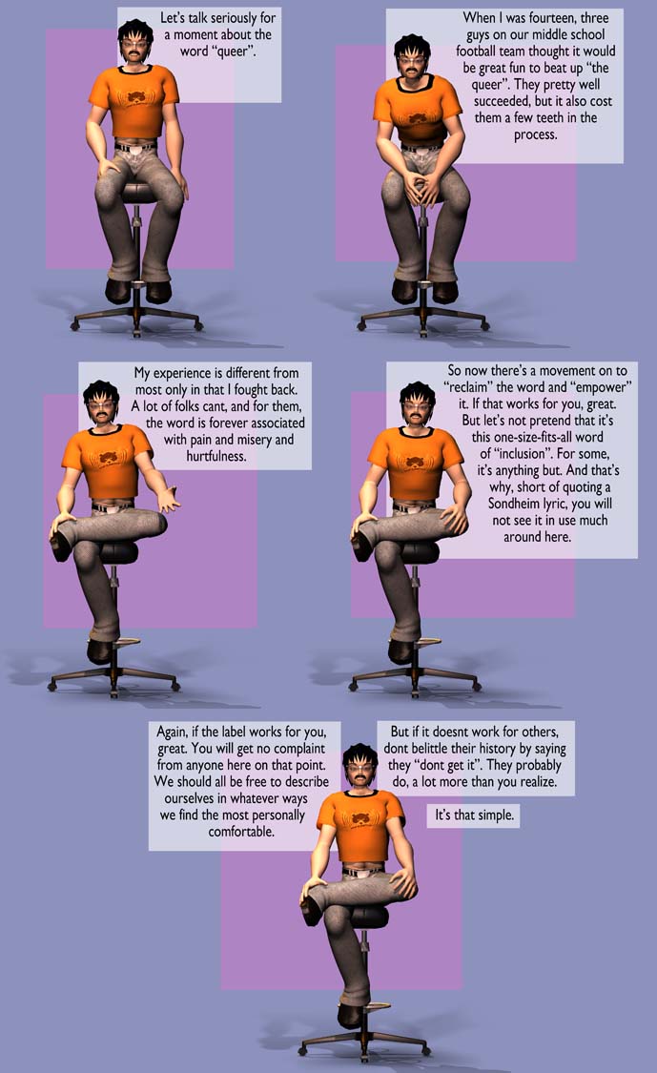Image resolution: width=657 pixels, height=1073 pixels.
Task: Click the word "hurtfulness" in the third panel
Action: click(x=216, y=456)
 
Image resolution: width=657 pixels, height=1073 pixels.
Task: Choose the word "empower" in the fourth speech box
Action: click(x=601, y=387)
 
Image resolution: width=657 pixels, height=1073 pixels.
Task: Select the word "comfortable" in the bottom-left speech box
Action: click(x=241, y=832)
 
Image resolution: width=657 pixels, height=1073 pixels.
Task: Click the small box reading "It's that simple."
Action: click(x=474, y=815)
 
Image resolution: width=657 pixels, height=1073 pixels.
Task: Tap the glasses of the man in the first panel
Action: click(x=134, y=45)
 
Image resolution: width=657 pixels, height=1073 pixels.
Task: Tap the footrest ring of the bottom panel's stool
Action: click(x=375, y=1006)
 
